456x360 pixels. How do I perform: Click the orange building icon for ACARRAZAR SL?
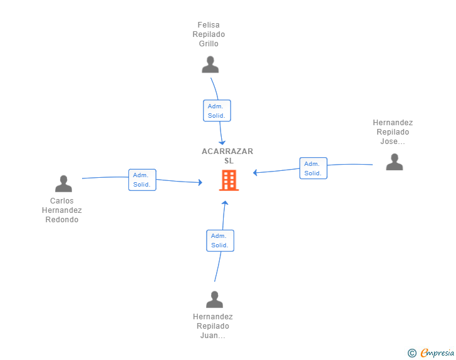[x=229, y=180]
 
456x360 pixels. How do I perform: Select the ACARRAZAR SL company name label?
[x=227, y=156]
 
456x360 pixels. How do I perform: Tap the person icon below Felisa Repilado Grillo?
[x=210, y=64]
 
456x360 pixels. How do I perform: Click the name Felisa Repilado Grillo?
[x=209, y=34]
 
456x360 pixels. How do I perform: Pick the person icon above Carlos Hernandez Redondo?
[x=63, y=183]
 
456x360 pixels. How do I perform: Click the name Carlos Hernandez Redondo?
[x=61, y=210]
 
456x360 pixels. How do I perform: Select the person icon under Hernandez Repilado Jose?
[x=395, y=162]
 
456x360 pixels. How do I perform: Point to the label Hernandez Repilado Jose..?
[x=393, y=132]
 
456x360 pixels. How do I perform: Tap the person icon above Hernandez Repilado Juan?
[x=214, y=299]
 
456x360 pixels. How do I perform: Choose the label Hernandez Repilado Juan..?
[x=212, y=326]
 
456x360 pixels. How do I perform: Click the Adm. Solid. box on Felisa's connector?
[x=217, y=110]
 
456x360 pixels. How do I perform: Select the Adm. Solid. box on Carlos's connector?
[x=142, y=180]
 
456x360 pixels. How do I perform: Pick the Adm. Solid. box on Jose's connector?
[x=313, y=168]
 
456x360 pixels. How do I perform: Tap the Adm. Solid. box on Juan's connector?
[x=220, y=240]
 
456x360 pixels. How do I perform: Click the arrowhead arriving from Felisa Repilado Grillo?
[x=222, y=143]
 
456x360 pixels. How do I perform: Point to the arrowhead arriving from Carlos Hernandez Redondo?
[x=200, y=182]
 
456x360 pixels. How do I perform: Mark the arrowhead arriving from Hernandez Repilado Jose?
[x=255, y=173]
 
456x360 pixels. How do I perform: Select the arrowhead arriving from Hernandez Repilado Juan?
[x=225, y=203]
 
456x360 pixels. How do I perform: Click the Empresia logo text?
[x=437, y=353]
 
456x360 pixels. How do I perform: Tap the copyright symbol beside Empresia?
[x=412, y=353]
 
